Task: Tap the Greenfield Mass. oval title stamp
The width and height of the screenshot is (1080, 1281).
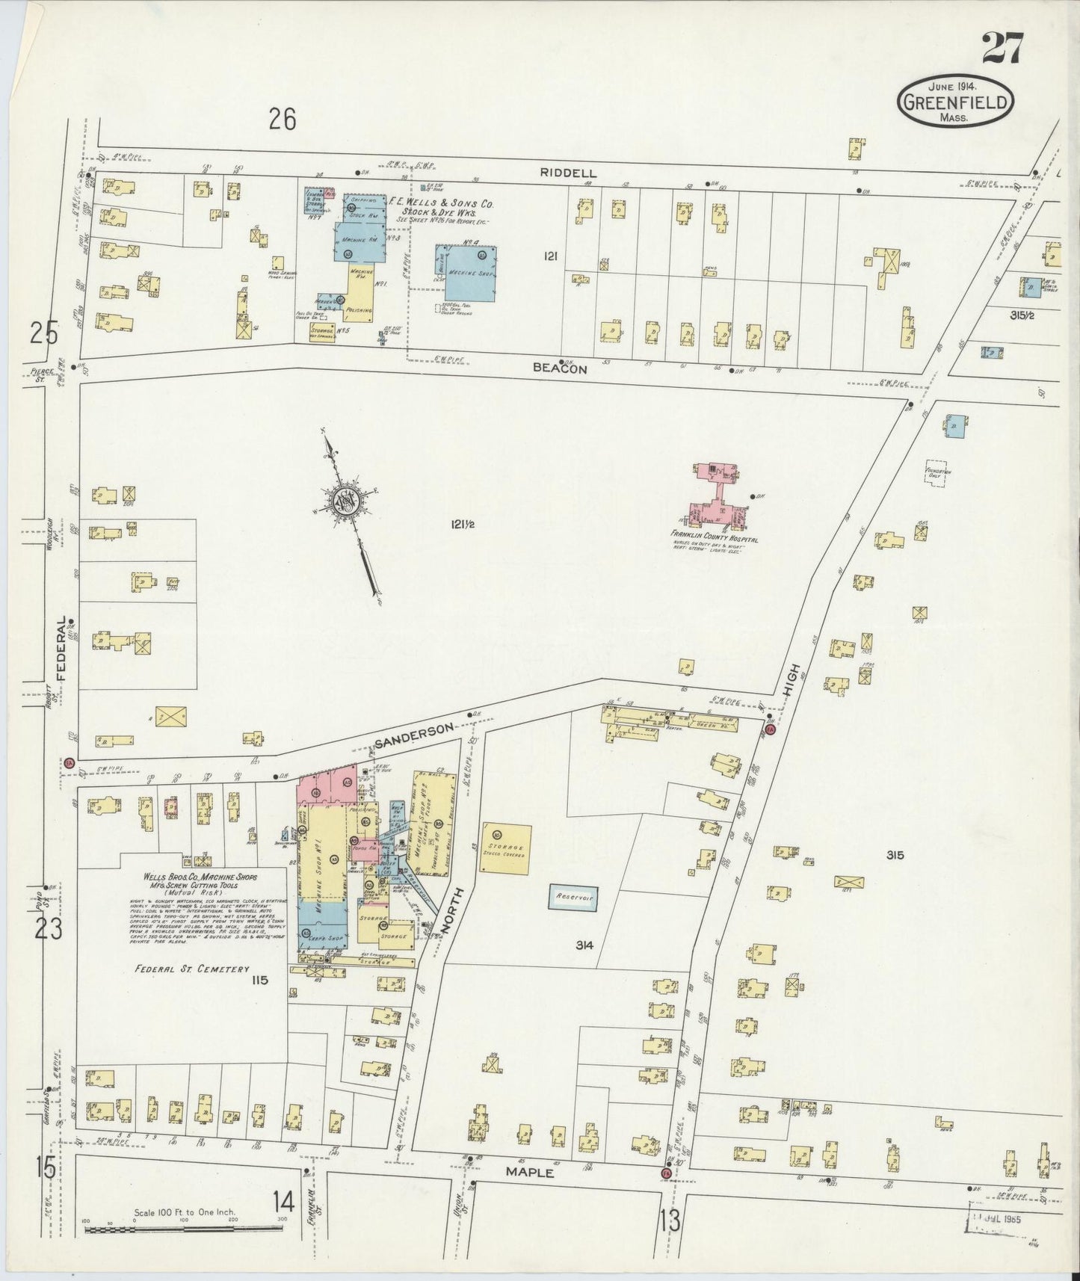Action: click(957, 102)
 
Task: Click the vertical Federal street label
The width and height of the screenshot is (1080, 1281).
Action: click(62, 653)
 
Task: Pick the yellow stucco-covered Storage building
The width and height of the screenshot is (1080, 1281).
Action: click(506, 849)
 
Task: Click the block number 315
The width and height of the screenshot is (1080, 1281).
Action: click(895, 855)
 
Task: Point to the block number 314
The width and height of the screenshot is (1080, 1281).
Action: click(584, 945)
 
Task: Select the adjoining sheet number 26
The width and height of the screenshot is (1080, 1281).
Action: click(282, 120)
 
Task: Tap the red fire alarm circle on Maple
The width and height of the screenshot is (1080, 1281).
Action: click(665, 1173)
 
